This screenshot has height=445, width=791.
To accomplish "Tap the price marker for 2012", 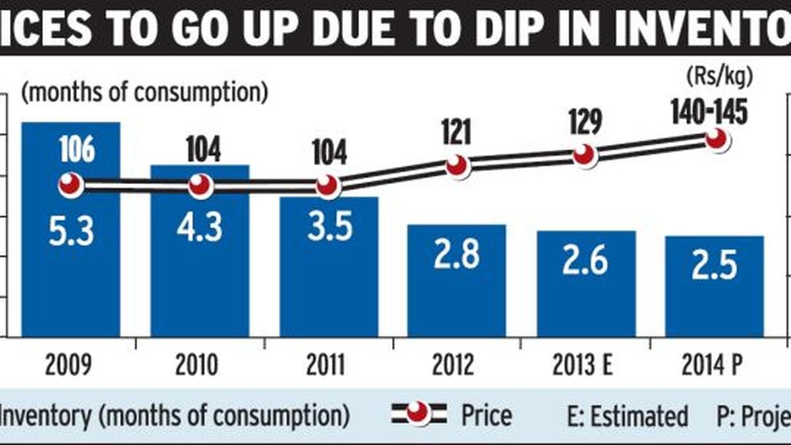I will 457,165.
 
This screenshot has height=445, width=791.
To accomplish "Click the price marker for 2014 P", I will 717,140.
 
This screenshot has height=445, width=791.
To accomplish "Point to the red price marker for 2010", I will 200,187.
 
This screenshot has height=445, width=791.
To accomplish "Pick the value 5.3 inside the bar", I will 71,232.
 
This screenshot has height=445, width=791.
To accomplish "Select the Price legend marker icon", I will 419,415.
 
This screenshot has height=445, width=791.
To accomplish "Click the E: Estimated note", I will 627,416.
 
